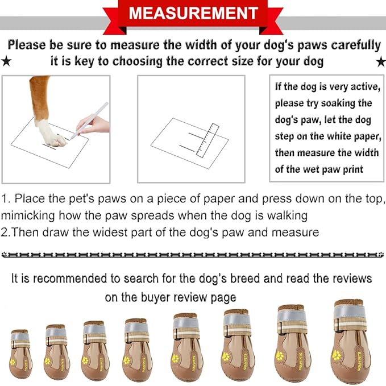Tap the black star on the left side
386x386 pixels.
[6, 61]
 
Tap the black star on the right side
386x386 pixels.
[380, 61]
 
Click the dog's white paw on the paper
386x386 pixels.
[51, 131]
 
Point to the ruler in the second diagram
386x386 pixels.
[206, 139]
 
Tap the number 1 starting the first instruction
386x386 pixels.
[5, 199]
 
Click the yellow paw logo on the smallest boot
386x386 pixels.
[13, 359]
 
